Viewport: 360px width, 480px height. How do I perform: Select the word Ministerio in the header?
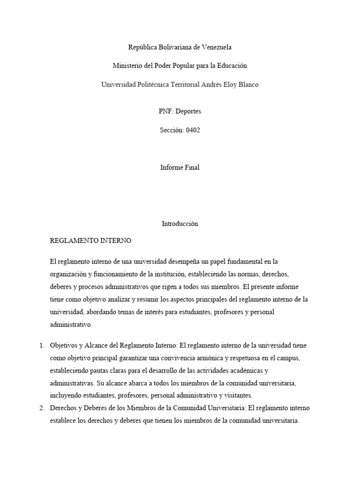(x=128, y=66)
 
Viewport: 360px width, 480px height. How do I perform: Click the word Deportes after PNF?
(x=187, y=112)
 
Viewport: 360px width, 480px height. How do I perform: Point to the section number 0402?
(x=193, y=130)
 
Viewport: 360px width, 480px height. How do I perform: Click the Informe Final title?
(x=180, y=167)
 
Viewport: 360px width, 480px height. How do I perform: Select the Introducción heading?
(x=180, y=224)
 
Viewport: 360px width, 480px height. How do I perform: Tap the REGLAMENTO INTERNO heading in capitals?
(x=90, y=241)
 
